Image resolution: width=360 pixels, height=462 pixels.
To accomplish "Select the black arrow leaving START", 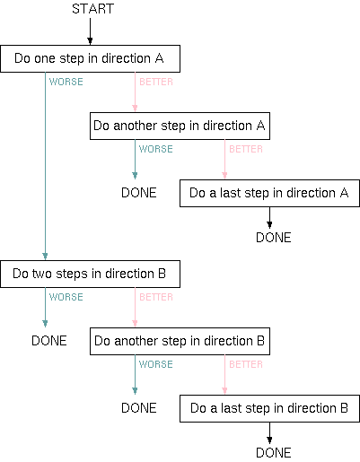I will click(90, 32).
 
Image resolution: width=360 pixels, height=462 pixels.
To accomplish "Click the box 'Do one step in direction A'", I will click(90, 59).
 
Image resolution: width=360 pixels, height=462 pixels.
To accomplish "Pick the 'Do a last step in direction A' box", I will click(269, 193).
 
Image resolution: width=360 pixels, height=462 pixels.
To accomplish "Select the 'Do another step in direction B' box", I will click(180, 341).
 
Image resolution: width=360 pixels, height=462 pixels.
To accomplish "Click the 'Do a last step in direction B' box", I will click(269, 408).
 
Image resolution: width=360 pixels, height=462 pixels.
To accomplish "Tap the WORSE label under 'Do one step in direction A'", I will click(66, 82).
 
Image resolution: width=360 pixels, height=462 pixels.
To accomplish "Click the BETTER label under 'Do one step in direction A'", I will click(155, 82).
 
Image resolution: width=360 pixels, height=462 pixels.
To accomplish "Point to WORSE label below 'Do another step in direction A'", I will click(155, 149).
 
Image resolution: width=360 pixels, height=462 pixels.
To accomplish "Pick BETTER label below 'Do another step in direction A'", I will click(245, 149).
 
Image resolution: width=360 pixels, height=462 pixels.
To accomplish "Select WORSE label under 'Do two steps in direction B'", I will click(66, 297).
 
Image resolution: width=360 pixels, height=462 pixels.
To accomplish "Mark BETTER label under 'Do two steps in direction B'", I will click(155, 297).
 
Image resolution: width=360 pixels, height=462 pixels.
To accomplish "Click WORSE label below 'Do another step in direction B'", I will click(155, 364).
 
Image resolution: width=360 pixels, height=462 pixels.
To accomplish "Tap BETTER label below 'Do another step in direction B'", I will click(245, 364).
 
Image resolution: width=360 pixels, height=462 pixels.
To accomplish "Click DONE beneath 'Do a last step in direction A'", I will click(273, 238).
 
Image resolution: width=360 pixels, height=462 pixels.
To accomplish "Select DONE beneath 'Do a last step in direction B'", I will click(273, 453).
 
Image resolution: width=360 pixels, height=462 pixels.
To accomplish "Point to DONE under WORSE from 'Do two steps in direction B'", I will click(49, 341).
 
